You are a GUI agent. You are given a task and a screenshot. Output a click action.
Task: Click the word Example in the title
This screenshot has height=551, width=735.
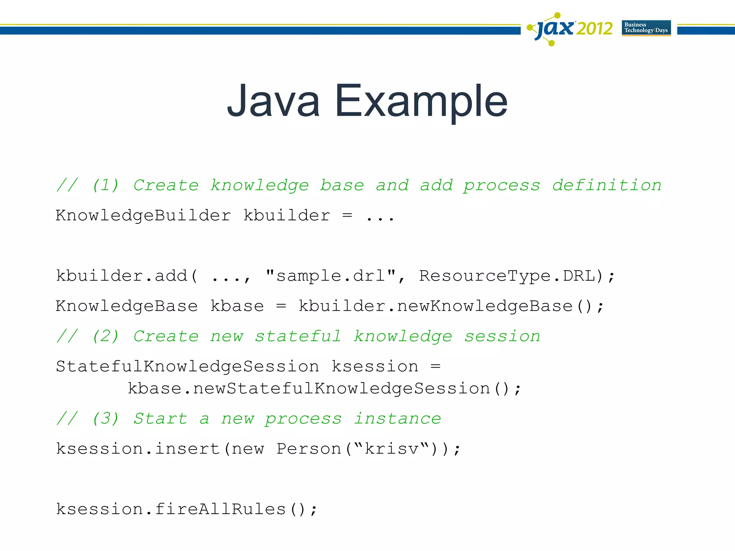[421, 102]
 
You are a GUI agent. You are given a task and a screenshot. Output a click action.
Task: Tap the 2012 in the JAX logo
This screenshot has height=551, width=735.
[594, 29]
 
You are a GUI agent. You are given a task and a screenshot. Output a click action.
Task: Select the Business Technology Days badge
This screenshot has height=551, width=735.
[646, 28]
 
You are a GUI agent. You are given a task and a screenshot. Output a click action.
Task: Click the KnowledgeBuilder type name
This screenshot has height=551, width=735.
[143, 216]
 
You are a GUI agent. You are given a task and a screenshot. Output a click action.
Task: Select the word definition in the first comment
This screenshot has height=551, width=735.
[607, 185]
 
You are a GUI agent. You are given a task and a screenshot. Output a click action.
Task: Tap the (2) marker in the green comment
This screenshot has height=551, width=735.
[105, 336]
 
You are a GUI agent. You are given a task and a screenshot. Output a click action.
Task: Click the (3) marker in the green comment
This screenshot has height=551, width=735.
[105, 419]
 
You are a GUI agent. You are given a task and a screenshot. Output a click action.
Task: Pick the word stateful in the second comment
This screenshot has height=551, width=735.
[298, 336]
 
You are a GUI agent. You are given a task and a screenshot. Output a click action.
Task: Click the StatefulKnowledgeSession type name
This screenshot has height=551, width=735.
[187, 367]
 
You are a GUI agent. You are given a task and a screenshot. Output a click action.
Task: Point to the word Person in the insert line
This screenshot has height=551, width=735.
[309, 449]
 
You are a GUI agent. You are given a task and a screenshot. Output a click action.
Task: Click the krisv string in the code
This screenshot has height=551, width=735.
[391, 449]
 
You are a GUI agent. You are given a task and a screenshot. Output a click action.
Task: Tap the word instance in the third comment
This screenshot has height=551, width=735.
[397, 419]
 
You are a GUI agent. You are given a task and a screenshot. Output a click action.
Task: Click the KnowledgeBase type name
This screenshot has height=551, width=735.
[127, 306]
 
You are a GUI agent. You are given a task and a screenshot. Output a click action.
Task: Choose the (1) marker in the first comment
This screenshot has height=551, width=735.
[105, 185]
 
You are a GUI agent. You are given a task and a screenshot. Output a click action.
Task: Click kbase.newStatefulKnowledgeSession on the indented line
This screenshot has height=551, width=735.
[309, 389]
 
